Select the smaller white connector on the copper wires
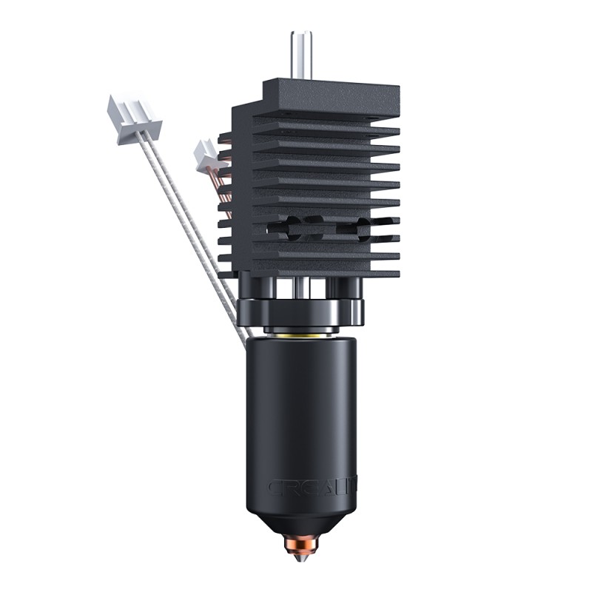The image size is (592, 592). point(206,154)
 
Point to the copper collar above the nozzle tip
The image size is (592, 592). point(300,544)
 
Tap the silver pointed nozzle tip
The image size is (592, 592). point(300,556)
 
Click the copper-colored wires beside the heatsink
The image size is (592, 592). point(223,185)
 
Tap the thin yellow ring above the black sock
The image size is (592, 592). point(301,334)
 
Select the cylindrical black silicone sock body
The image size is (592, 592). point(301,414)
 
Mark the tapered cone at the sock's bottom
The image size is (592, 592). point(301,522)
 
